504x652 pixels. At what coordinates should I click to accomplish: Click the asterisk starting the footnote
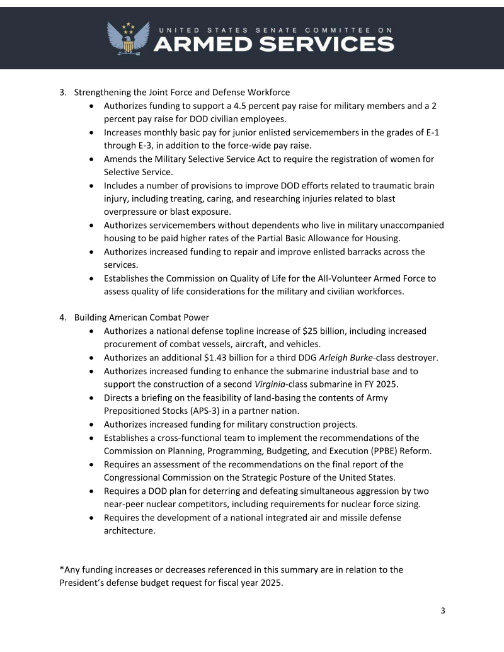(x=62, y=569)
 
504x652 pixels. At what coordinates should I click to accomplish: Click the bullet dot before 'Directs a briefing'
(x=93, y=398)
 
